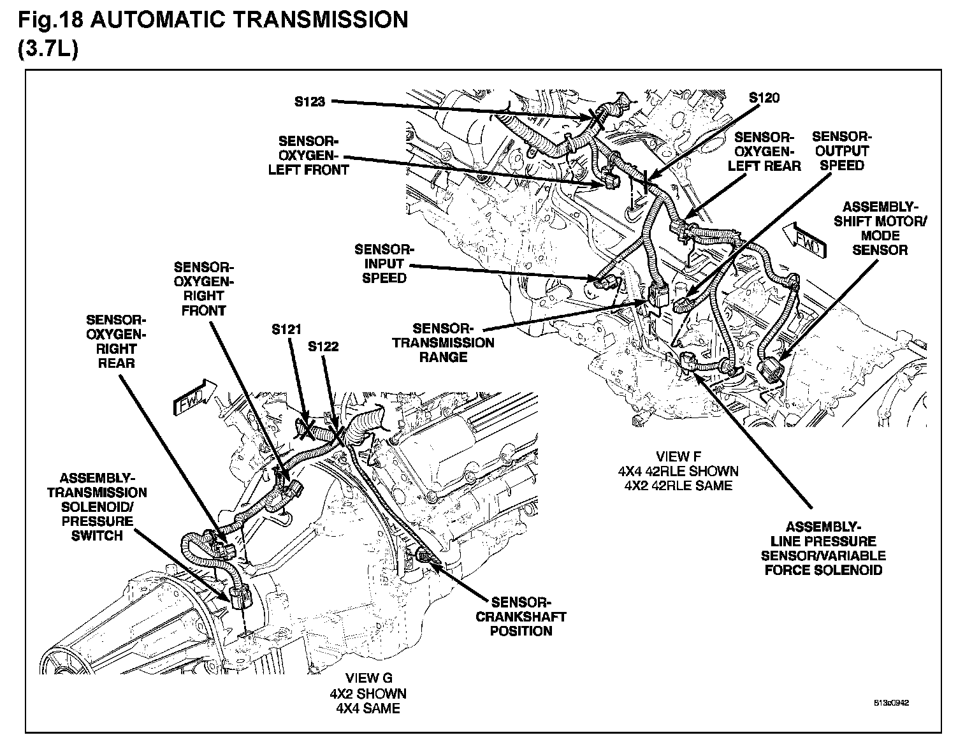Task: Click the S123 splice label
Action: click(x=310, y=101)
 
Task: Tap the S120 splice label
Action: click(x=764, y=98)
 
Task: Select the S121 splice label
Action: click(x=286, y=330)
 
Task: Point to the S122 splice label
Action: click(x=323, y=347)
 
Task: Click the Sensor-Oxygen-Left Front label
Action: click(x=308, y=155)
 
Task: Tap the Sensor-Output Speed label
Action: click(x=841, y=151)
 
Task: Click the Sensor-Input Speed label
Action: click(x=384, y=263)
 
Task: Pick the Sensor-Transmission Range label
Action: click(x=442, y=342)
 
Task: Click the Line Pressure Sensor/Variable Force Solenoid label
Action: click(x=823, y=548)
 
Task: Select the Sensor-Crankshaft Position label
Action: click(x=521, y=616)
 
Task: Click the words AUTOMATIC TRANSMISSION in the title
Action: click(x=249, y=20)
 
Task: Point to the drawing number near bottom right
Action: click(x=891, y=704)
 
